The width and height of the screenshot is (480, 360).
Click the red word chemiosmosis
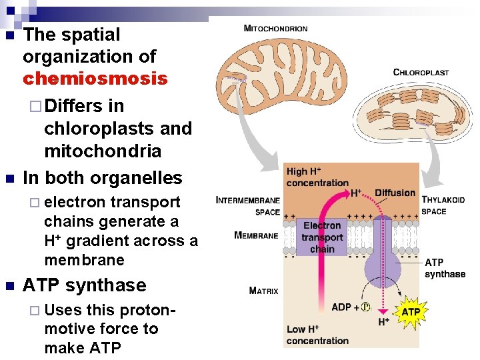click(95, 79)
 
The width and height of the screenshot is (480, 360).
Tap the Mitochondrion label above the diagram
click(275, 29)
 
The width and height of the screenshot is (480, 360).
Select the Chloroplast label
click(421, 72)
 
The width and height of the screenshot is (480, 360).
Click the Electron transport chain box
click(322, 237)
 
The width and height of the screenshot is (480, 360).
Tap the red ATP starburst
click(411, 311)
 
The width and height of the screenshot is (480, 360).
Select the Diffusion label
click(395, 193)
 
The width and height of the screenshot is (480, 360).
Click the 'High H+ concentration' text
click(317, 177)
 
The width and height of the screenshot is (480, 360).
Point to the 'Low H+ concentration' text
click(317, 335)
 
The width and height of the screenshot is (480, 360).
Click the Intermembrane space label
click(248, 205)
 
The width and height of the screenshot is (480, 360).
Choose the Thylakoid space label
click(443, 205)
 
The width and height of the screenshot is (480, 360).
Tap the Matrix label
click(263, 290)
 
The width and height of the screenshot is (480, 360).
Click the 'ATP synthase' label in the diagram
click(445, 268)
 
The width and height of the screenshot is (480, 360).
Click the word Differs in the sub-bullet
click(75, 106)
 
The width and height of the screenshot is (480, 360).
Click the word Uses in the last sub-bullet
click(63, 309)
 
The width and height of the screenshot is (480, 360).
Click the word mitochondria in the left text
click(103, 151)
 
